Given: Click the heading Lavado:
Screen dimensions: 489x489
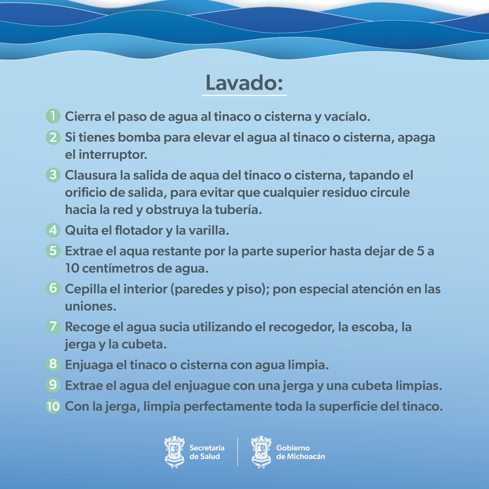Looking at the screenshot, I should pyautogui.click(x=244, y=83).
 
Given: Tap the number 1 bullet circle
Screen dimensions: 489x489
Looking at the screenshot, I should pyautogui.click(x=53, y=116).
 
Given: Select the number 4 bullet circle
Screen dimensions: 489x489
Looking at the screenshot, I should pyautogui.click(x=53, y=230).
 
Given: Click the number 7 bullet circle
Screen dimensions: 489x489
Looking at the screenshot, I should pyautogui.click(x=53, y=327).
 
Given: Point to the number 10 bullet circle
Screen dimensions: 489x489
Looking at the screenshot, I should pyautogui.click(x=53, y=406).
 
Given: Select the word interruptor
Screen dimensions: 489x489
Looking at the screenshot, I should pyautogui.click(x=113, y=155).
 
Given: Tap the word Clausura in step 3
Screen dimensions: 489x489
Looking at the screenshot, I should pyautogui.click(x=91, y=175).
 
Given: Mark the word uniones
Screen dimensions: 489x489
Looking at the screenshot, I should pyautogui.click(x=90, y=306).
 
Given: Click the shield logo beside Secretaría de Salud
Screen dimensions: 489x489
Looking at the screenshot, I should pyautogui.click(x=174, y=452).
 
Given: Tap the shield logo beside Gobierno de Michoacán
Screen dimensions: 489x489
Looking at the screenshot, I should pyautogui.click(x=261, y=452).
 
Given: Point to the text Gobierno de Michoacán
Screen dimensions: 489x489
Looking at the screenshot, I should pyautogui.click(x=300, y=452).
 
